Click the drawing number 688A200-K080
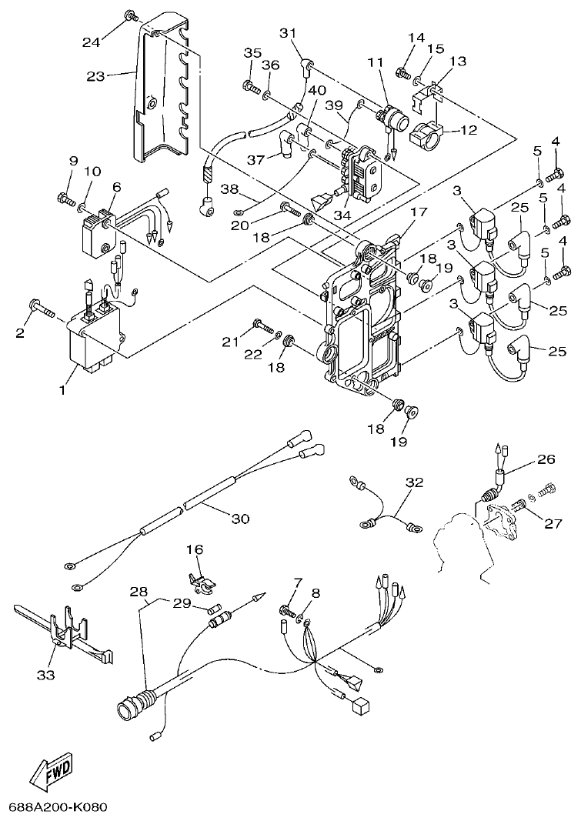click(58, 807)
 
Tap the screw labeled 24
click(132, 15)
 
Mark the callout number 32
click(415, 482)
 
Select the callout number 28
click(139, 592)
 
